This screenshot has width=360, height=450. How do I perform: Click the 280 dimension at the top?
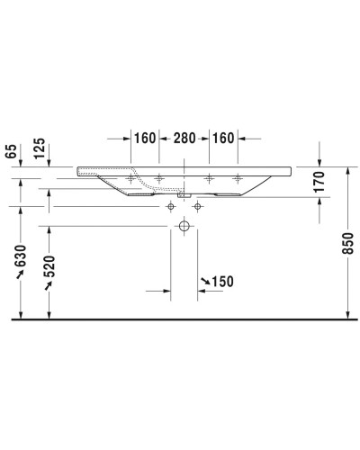[x=184, y=139]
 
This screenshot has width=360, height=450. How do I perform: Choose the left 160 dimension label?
[x=145, y=139]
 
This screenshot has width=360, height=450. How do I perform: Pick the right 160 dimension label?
[x=225, y=139]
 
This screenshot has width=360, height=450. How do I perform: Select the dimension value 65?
[x=10, y=151]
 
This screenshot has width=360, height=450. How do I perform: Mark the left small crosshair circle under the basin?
[x=168, y=206]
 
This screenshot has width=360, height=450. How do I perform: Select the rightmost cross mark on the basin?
[x=238, y=177]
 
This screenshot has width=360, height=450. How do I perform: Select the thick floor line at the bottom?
[x=180, y=319]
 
